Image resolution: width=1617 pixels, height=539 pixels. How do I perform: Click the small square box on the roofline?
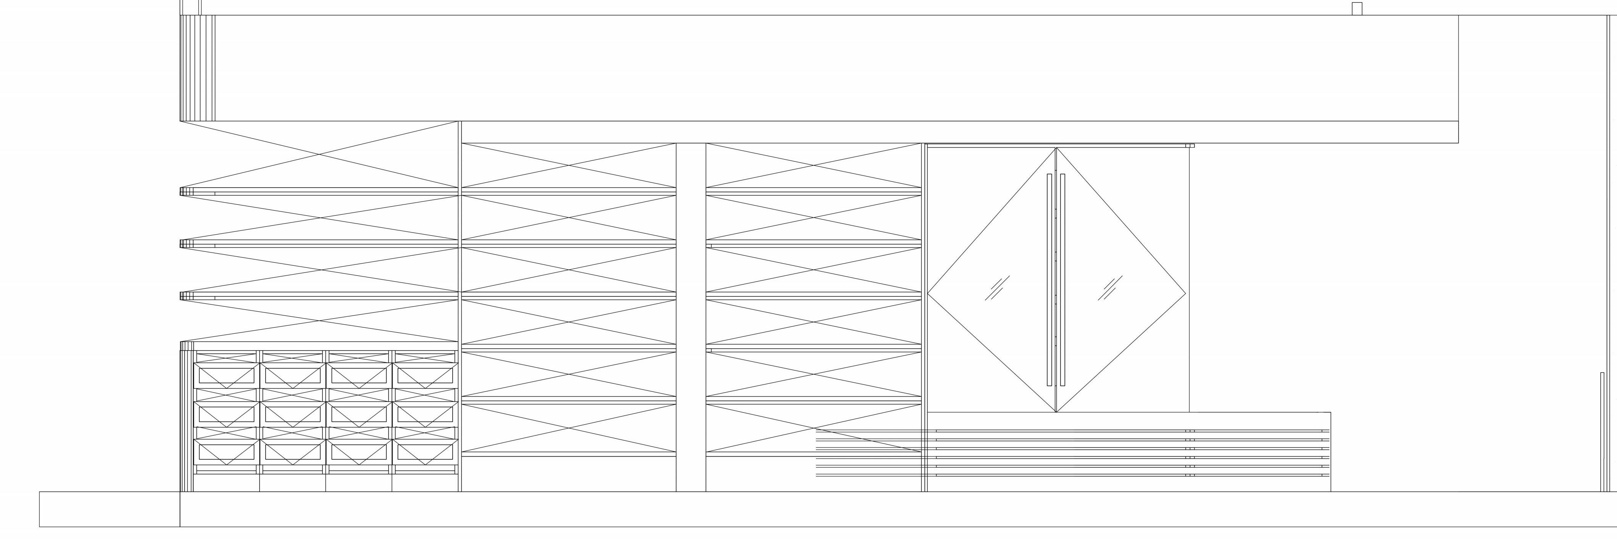[x=1356, y=9]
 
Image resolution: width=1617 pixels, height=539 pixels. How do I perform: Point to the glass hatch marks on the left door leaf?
[x=996, y=288]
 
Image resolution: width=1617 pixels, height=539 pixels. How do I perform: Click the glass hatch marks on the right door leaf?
[x=1110, y=288]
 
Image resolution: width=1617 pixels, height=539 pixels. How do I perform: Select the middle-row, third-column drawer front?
[x=358, y=414]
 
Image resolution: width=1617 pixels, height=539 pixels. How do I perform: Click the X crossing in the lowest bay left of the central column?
[x=569, y=428]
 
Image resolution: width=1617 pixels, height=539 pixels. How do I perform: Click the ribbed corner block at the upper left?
[x=197, y=68]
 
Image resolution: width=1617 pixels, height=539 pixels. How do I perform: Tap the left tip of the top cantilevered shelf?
[x=182, y=191]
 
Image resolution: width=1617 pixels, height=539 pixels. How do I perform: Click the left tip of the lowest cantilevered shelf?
[x=182, y=296]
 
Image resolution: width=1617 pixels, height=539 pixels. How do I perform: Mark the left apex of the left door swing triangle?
[x=929, y=293]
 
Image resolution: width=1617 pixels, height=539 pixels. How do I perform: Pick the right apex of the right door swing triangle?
[x=1185, y=293]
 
